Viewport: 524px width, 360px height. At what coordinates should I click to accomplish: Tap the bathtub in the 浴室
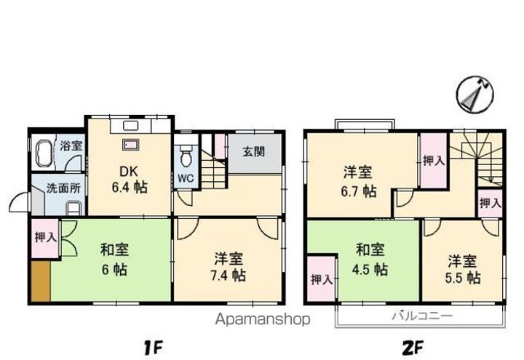coord(42,154)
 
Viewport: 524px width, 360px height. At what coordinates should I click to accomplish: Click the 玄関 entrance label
coord(253,151)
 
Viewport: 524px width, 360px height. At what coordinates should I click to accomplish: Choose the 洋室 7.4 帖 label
coord(229,267)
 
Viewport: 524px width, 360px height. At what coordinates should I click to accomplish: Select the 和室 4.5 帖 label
coord(370,260)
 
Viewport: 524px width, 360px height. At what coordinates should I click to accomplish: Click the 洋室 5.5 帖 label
coord(463,268)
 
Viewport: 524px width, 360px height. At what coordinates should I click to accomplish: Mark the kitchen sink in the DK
coord(132,145)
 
